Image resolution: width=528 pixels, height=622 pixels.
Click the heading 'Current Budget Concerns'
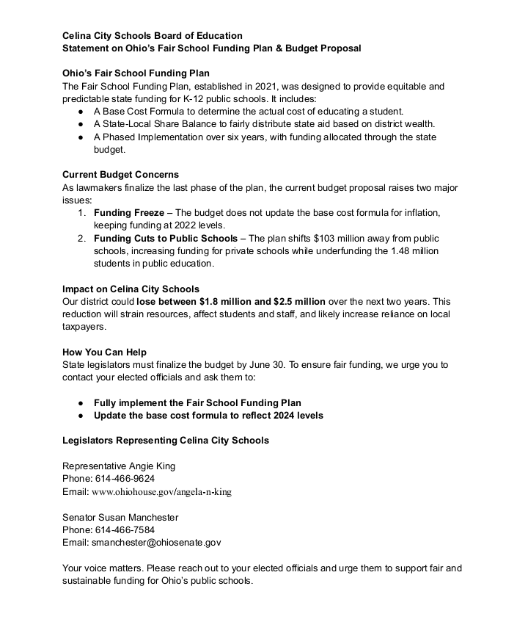[120, 175]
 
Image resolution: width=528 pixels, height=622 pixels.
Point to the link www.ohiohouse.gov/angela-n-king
[161, 492]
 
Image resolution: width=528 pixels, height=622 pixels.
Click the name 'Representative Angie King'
[119, 466]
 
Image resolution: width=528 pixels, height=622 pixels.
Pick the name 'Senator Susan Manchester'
[120, 517]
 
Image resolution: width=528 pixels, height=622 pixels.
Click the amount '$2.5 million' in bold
[299, 302]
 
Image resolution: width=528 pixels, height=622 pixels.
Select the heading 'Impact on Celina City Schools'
[131, 289]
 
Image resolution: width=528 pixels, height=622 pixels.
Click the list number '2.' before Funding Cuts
[82, 239]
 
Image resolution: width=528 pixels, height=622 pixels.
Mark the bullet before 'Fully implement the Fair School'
[80, 403]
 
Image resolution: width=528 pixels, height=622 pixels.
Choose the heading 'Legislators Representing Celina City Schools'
[166, 441]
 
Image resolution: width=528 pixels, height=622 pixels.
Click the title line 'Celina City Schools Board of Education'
[152, 35]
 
